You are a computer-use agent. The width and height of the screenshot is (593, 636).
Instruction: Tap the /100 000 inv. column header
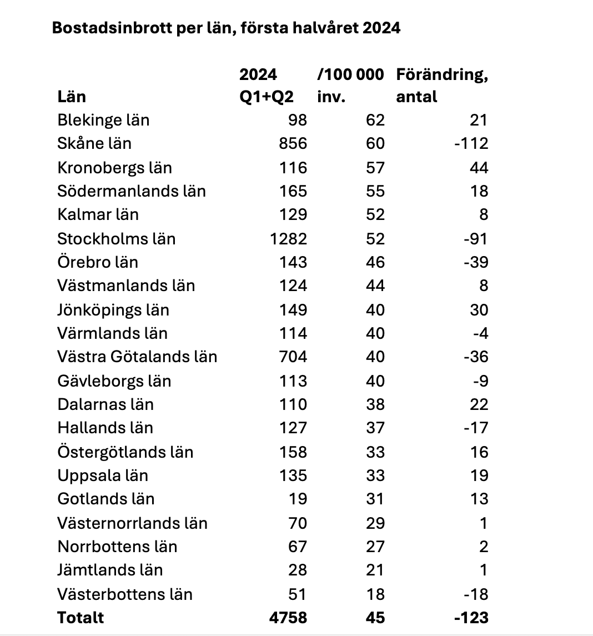350,86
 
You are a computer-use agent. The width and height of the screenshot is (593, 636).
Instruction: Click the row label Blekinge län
103,120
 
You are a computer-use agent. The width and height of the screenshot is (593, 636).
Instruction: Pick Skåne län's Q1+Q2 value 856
293,143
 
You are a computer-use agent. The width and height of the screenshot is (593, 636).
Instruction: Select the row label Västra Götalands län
137,357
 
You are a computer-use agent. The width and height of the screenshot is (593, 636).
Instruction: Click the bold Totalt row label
81,618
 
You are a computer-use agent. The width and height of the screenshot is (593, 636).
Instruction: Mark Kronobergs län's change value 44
479,168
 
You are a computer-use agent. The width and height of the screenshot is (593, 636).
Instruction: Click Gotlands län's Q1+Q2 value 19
298,499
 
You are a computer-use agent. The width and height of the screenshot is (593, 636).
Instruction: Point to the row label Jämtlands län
110,570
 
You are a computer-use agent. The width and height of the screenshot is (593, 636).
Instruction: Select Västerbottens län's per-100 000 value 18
375,594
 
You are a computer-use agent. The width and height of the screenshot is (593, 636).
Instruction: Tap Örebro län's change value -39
475,262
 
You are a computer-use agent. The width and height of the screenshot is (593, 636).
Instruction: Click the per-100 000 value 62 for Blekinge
375,120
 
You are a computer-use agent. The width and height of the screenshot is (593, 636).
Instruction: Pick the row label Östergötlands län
125,452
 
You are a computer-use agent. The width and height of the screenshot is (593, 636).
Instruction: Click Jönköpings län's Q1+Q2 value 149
293,310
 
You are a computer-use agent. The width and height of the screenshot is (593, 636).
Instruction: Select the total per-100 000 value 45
375,618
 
